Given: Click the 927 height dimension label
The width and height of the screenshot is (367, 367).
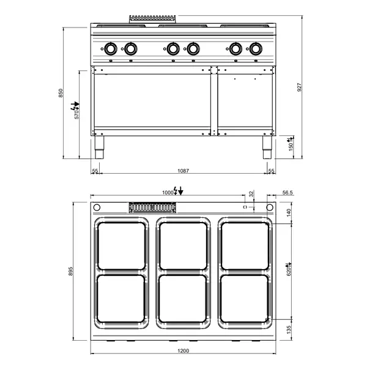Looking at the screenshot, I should [x=299, y=87].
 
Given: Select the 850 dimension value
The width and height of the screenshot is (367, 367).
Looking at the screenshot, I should [x=61, y=93].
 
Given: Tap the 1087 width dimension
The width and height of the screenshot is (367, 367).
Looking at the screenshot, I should [x=183, y=171].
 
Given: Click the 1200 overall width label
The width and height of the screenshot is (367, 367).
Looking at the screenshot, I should [x=183, y=350].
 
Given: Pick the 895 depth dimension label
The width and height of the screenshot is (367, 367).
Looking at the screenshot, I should [x=71, y=270].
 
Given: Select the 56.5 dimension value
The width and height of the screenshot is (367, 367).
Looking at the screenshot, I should [x=287, y=192].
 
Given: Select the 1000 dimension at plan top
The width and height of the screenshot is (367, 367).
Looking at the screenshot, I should [x=168, y=192].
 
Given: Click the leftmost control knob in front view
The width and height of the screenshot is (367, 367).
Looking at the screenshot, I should [x=111, y=49].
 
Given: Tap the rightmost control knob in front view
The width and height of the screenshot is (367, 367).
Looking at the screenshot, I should [x=255, y=49].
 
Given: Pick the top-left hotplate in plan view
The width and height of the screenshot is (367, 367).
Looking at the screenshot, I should [x=121, y=245].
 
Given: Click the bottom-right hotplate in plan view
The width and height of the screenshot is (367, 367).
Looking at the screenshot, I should [x=245, y=298].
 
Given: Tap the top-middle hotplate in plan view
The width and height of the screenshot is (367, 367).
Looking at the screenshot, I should [x=183, y=245].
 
